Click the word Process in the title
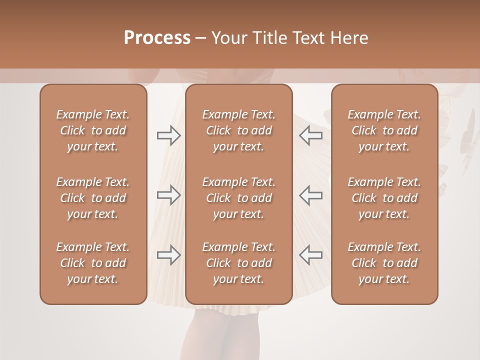pyautogui.click(x=157, y=38)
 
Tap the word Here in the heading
pyautogui.click(x=349, y=38)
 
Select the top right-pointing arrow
pyautogui.click(x=169, y=135)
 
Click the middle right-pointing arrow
pyautogui.click(x=169, y=195)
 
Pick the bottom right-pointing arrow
pyautogui.click(x=169, y=255)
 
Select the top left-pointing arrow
pyautogui.click(x=311, y=135)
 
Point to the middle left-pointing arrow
pyautogui.click(x=311, y=195)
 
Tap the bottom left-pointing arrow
pyautogui.click(x=311, y=255)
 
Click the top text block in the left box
pyautogui.click(x=93, y=130)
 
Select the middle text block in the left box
pyautogui.click(x=93, y=198)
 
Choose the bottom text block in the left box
pyautogui.click(x=93, y=263)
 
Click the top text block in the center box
pyautogui.click(x=239, y=130)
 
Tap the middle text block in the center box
pyautogui.click(x=239, y=198)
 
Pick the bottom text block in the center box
pyautogui.click(x=239, y=263)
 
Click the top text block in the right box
pyautogui.click(x=384, y=130)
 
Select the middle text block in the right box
pyautogui.click(x=384, y=198)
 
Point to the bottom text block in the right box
pyautogui.click(x=384, y=263)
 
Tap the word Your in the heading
pyautogui.click(x=228, y=38)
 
